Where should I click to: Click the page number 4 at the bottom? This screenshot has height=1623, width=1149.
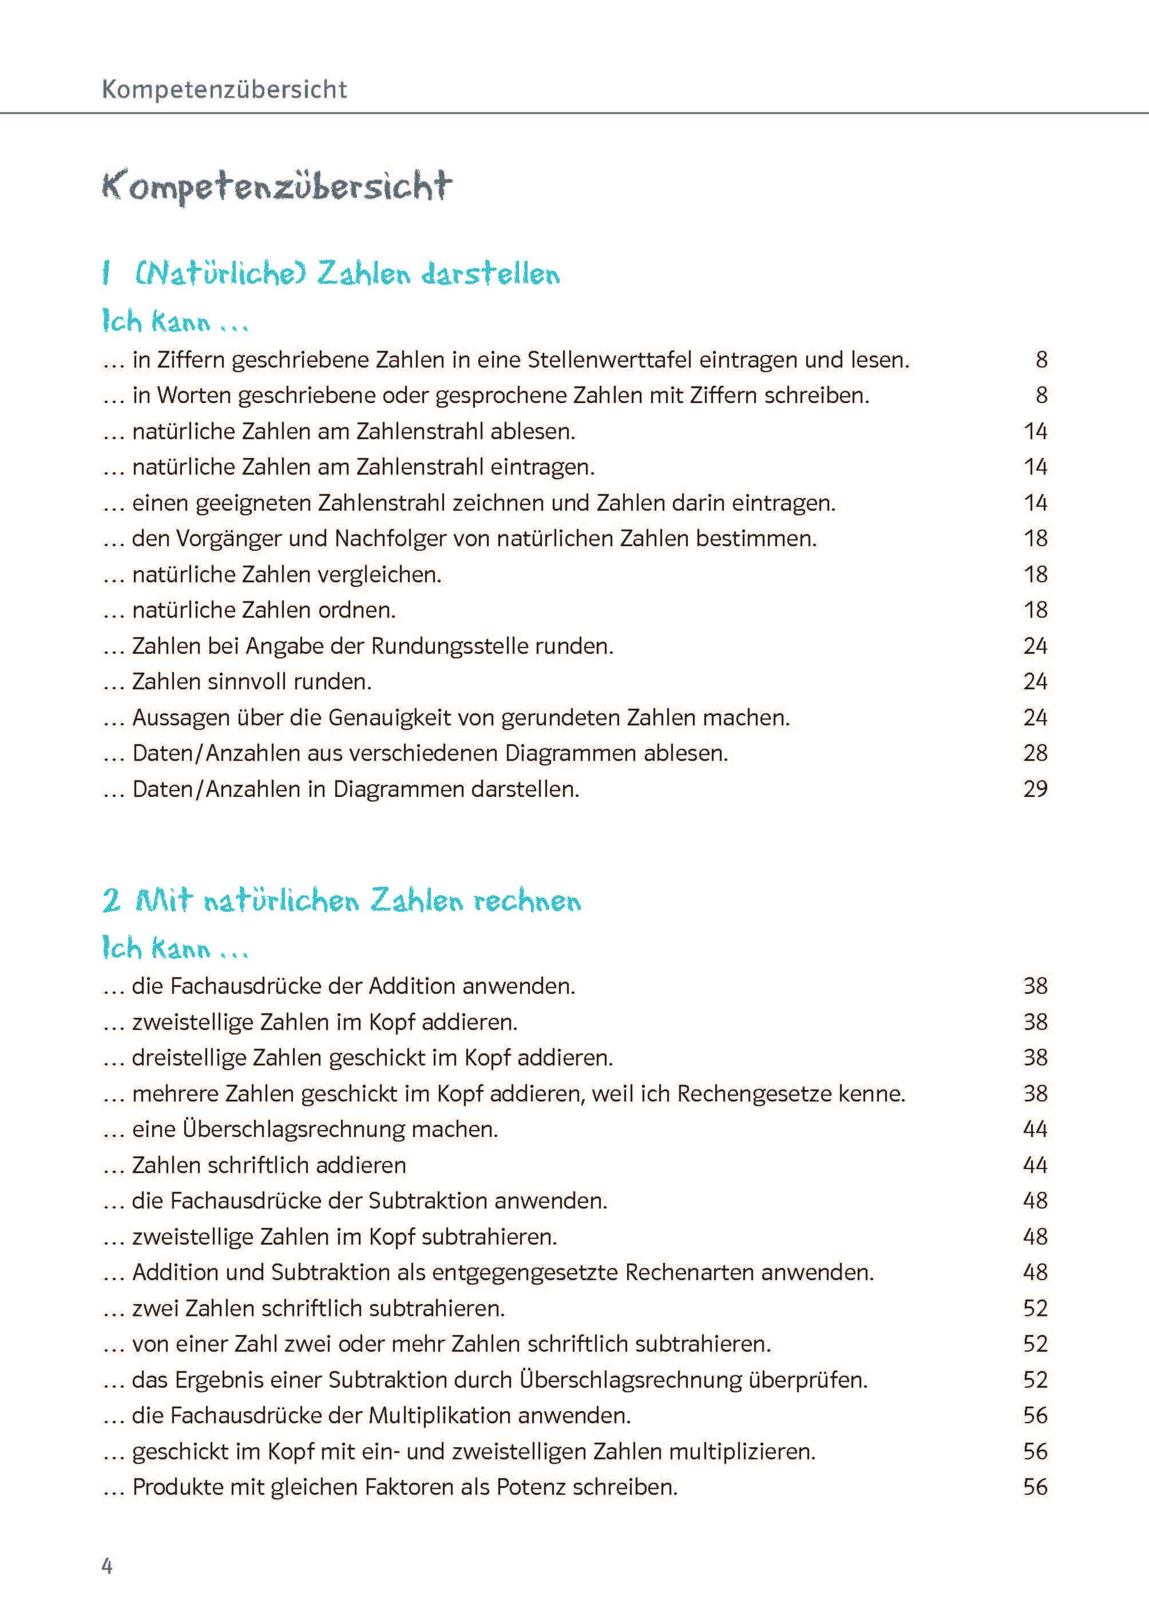pos(107,1566)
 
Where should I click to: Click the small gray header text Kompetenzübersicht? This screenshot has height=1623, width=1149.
pos(224,89)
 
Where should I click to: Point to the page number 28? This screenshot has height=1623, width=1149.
pos(1035,752)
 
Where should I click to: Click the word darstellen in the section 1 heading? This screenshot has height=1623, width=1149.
pos(490,274)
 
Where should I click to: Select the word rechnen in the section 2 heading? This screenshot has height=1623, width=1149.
pos(527,901)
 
